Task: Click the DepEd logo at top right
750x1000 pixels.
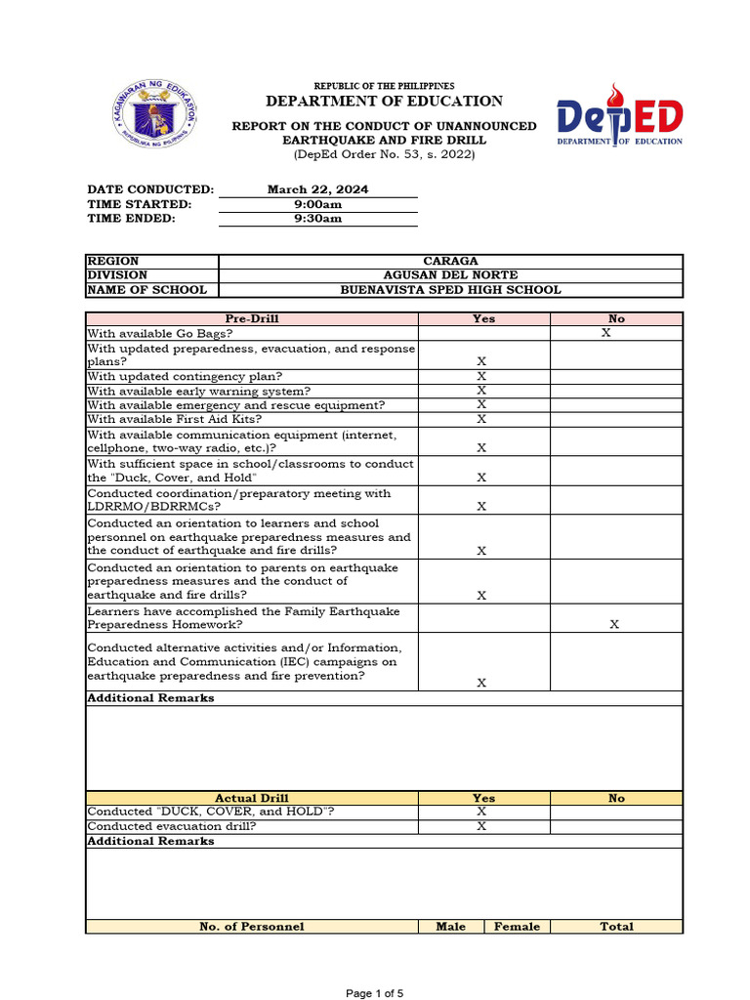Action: tap(619, 116)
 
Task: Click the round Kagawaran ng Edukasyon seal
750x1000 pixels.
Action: tap(151, 115)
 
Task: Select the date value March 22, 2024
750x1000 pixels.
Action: tap(317, 189)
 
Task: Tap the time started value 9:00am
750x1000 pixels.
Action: tap(317, 204)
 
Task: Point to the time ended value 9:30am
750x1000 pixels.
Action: tap(317, 219)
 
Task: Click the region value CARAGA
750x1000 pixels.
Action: tap(450, 261)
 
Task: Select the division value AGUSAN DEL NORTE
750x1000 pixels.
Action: tap(450, 275)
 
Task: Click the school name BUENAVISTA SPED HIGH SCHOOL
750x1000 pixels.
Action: tap(450, 290)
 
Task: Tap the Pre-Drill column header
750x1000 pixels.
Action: tap(252, 318)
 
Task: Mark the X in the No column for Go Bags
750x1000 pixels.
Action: tap(605, 333)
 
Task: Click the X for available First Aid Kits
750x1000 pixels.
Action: tap(481, 419)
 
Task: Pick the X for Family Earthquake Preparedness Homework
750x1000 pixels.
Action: tap(614, 624)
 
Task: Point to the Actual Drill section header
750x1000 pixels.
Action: tap(252, 798)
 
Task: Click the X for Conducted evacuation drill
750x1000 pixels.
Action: tap(481, 826)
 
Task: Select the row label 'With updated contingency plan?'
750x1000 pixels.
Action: tap(185, 376)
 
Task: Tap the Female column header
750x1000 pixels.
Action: tap(517, 927)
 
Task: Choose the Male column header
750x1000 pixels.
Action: tap(450, 927)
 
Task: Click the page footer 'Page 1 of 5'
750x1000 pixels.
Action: tap(375, 993)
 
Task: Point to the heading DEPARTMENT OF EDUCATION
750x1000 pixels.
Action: tap(384, 102)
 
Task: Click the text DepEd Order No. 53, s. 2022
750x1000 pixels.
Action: tap(384, 155)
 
